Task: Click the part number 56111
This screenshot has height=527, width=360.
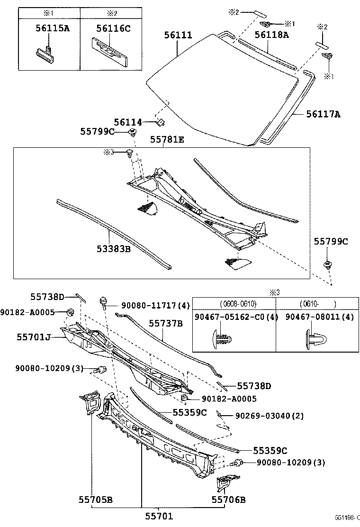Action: click(x=178, y=35)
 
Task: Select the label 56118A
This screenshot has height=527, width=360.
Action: click(x=271, y=35)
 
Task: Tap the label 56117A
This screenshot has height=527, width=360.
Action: click(x=323, y=114)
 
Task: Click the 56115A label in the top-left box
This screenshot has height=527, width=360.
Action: click(x=52, y=28)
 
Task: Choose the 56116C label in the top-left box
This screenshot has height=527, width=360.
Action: click(x=113, y=28)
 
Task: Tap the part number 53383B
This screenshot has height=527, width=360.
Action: click(x=114, y=248)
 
